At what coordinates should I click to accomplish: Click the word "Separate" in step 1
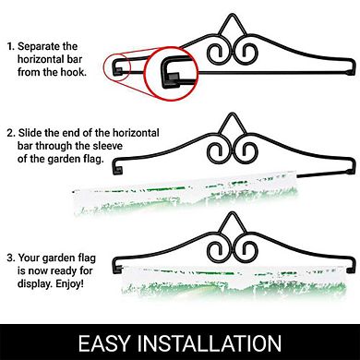click(39, 46)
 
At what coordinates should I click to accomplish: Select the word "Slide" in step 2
click(30, 133)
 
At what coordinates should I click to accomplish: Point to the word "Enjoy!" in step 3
click(69, 283)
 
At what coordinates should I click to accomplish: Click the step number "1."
click(11, 47)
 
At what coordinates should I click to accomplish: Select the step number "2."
click(11, 133)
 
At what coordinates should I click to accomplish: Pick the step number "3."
click(11, 258)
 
